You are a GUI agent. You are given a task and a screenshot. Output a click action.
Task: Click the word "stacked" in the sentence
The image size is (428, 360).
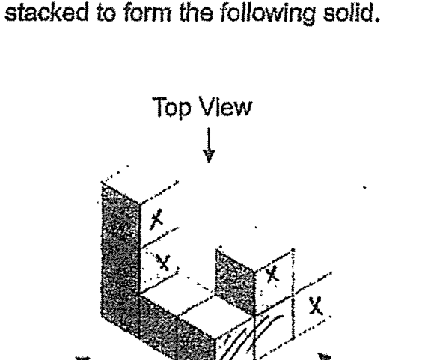46,12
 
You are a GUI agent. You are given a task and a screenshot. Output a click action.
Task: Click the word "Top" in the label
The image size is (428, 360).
171,107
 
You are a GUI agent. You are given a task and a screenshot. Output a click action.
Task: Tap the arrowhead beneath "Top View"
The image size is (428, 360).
209,156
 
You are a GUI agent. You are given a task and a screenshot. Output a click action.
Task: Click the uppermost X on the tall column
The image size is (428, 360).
156,219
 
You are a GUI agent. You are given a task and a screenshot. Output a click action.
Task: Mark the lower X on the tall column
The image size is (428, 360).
163,263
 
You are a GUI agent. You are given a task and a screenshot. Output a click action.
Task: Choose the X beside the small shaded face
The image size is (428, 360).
272,274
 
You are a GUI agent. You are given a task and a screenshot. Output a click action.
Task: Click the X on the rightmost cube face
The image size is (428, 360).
316,305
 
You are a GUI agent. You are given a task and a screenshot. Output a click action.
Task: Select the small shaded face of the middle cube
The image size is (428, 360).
235,281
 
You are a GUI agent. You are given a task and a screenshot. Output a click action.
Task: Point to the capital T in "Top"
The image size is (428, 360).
159,106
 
